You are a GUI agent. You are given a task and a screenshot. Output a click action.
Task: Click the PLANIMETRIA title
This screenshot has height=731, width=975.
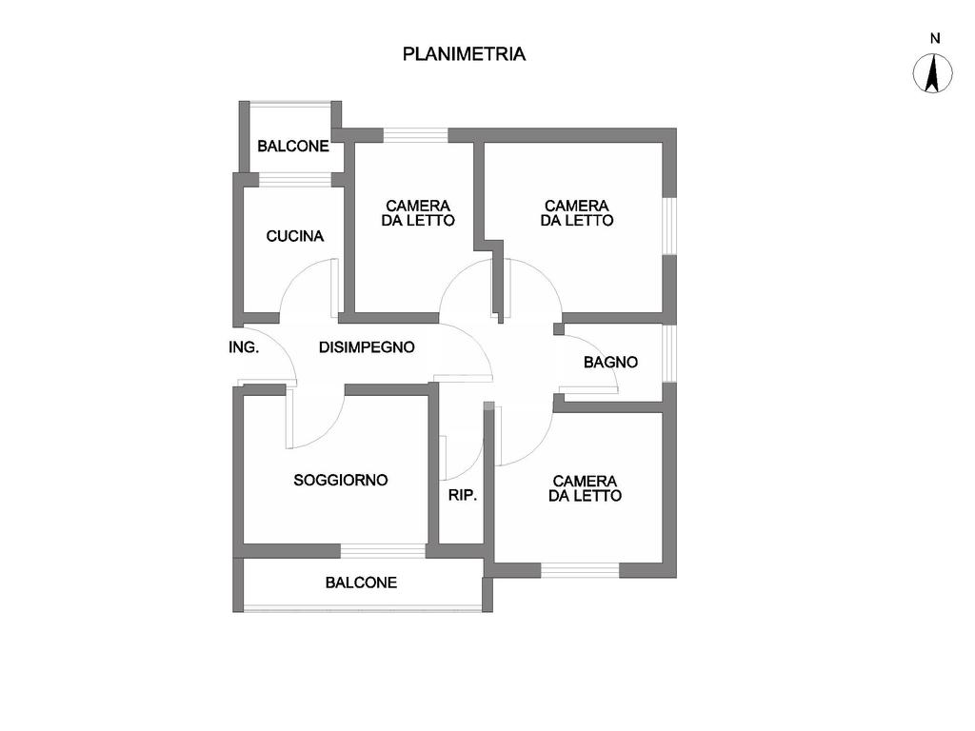[x=464, y=54]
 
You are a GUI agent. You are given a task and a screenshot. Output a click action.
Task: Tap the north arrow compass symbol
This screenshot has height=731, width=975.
[x=934, y=74]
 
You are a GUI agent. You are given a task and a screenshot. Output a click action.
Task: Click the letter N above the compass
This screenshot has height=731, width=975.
[x=935, y=39]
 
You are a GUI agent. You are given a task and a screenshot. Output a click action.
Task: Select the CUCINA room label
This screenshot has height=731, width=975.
[x=295, y=236]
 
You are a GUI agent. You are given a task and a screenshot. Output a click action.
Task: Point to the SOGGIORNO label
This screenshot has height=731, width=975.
[x=341, y=481]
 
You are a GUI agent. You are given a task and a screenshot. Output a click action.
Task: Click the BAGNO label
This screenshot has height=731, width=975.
[x=610, y=363]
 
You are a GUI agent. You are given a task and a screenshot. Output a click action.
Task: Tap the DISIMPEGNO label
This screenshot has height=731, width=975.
[x=367, y=347]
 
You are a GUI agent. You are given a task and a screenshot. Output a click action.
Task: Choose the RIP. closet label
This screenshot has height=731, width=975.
[x=462, y=496]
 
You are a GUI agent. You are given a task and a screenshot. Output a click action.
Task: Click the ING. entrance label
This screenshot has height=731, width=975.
[x=244, y=347]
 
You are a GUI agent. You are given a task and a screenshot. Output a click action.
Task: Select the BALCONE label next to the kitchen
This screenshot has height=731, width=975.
[x=293, y=147]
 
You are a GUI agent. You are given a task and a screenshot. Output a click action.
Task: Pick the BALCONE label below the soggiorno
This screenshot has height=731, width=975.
[x=361, y=583]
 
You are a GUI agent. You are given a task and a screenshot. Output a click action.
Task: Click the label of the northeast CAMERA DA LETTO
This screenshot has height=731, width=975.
[x=577, y=212]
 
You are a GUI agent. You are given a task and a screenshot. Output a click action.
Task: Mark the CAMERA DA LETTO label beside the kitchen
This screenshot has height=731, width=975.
[x=418, y=212]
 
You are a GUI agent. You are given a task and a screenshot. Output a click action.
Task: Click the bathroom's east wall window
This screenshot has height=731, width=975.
[x=669, y=353]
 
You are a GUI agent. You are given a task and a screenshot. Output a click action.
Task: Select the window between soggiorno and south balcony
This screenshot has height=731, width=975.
[x=383, y=550]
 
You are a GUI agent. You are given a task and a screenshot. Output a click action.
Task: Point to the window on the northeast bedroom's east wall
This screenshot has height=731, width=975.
[x=669, y=226]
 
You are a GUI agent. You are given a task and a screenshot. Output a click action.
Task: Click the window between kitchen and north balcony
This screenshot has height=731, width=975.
[x=294, y=179]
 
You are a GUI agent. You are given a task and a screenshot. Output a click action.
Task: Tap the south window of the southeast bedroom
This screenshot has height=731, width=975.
[x=580, y=570]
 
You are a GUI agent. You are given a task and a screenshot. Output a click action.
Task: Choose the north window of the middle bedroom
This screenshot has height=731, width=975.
[x=415, y=135]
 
